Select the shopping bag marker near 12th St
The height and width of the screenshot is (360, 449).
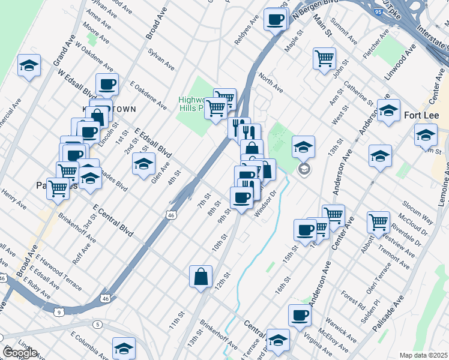pos(201,277)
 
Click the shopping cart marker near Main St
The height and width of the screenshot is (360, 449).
pos(324,59)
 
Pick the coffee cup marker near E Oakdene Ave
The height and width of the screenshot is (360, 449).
pos(107,85)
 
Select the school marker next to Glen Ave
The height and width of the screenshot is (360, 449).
pos(143,164)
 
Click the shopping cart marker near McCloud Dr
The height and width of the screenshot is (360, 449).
pos(379,222)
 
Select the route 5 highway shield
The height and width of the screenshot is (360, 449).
pos(97,325)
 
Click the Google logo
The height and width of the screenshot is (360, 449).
pos(20,353)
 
